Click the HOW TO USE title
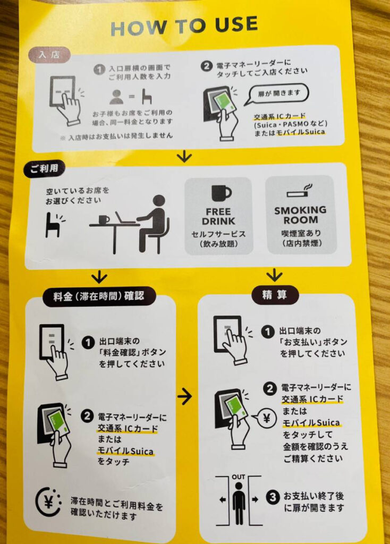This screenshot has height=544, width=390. pos(184,25)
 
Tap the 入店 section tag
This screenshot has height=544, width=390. pos(49,55)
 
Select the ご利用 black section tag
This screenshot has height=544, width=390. pos(44,169)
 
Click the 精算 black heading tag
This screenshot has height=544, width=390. pos(275,295)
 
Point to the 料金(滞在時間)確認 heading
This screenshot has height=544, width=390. pos(99,296)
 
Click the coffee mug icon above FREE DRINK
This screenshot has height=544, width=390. pos(221,193)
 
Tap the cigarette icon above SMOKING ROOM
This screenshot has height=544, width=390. pos(300,191)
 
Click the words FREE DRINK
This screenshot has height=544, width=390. pos(218,216)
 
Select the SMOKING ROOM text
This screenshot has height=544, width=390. pos(301,215)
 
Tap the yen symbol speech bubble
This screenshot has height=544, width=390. pos(265,419)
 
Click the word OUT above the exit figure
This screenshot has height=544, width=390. pos(239,477)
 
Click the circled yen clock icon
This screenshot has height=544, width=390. pos(48,502)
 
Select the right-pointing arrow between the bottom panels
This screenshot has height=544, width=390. pos(184,395)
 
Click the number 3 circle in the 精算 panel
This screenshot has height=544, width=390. pos(273,497)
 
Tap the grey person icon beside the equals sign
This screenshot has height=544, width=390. pos(116,97)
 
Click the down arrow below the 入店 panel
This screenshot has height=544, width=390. pos(184,157)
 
